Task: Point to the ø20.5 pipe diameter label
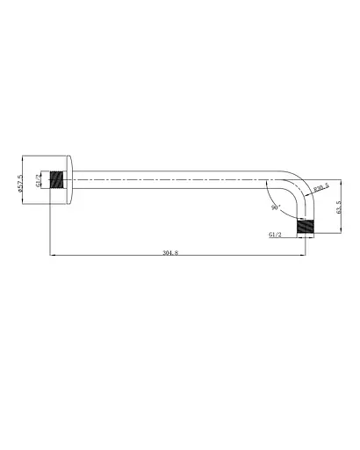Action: pos(318,187)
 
